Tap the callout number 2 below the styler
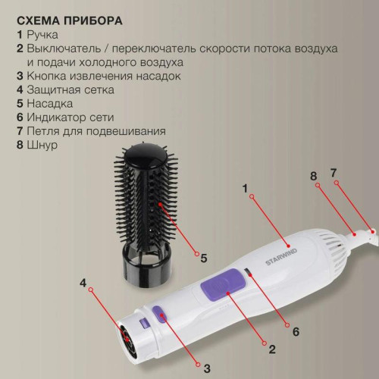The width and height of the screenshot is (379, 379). (271, 349)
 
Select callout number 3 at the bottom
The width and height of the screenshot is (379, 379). (205, 368)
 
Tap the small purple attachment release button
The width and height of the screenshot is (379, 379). (160, 312)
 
